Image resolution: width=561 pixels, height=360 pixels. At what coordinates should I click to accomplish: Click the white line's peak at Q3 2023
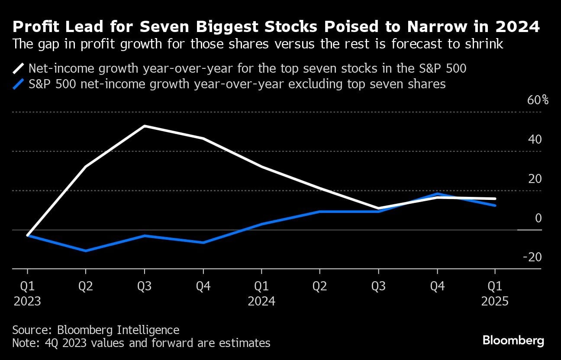pyautogui.click(x=145, y=126)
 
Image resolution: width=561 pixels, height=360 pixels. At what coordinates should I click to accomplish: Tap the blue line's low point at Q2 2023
pyautogui.click(x=86, y=251)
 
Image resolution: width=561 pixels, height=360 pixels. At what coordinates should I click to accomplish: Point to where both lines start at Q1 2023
pyautogui.click(x=28, y=235)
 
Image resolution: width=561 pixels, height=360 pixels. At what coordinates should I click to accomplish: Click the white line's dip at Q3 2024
pyautogui.click(x=379, y=209)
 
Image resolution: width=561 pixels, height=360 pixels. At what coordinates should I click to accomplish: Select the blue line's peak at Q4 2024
pyautogui.click(x=437, y=193)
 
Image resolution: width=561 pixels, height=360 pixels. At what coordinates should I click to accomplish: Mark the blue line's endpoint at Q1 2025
pyautogui.click(x=495, y=206)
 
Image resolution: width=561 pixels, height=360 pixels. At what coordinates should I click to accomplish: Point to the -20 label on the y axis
pyautogui.click(x=532, y=257)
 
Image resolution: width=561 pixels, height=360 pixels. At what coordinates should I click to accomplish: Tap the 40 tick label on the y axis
pyautogui.click(x=535, y=139)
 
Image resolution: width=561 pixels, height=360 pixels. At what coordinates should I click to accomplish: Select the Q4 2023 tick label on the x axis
pyautogui.click(x=203, y=286)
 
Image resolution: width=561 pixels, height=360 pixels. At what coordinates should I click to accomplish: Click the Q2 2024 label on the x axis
pyautogui.click(x=320, y=286)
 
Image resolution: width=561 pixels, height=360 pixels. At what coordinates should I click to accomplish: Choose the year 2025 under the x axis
pyautogui.click(x=495, y=301)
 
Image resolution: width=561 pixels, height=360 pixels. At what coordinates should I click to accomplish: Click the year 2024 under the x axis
pyautogui.click(x=261, y=301)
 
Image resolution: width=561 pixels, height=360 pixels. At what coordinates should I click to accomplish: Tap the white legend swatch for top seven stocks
pyautogui.click(x=18, y=68)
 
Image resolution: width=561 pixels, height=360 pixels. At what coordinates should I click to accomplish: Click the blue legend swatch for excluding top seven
pyautogui.click(x=18, y=84)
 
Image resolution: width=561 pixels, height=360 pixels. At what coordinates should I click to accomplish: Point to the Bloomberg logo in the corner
pyautogui.click(x=513, y=341)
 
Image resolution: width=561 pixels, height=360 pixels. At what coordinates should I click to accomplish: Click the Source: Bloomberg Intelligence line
pyautogui.click(x=96, y=330)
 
